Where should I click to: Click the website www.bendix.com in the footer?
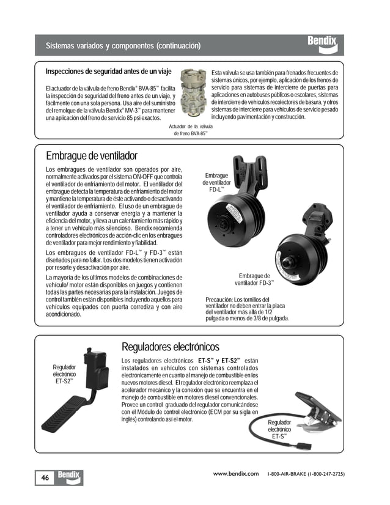[236, 474]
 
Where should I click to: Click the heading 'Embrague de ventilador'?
[92, 155]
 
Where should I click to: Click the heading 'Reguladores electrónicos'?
[171, 347]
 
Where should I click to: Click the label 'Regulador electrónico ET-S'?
[279, 429]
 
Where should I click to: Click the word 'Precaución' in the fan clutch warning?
[219, 299]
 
